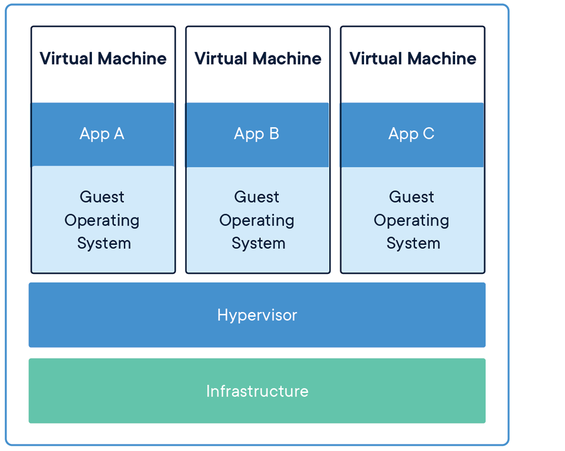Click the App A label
point(102,134)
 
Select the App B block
point(257,134)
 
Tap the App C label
point(411,134)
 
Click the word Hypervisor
point(257,315)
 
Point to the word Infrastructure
point(257,391)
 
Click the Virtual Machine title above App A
point(103,58)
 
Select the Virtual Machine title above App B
point(258,58)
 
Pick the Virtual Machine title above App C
point(413,58)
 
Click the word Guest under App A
point(102,197)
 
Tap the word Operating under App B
point(257,221)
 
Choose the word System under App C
point(413,243)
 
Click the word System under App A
point(104,243)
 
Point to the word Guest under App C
point(411,197)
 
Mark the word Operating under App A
point(102,221)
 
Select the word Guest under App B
point(257,197)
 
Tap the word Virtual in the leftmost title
point(66,58)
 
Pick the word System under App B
point(258,243)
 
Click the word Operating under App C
point(411,221)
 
